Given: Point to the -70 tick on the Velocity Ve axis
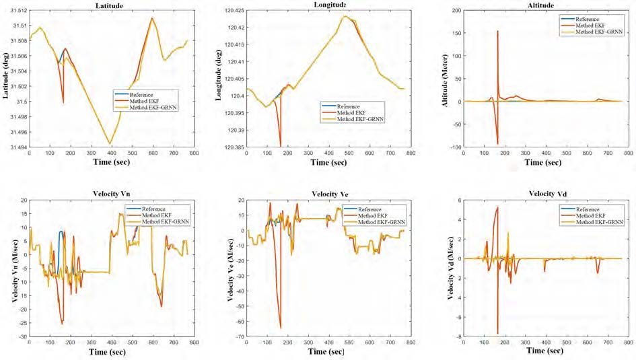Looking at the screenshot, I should coord(237,336).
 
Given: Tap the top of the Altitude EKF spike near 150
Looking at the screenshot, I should coord(497,31).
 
